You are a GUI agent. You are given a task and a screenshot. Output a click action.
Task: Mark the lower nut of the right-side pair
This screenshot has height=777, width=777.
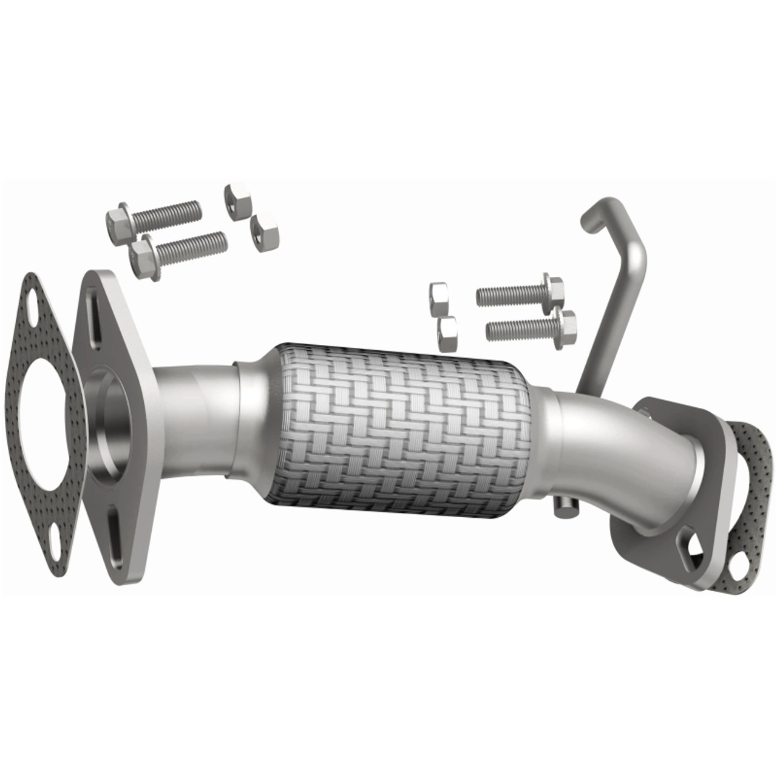tap(449, 333)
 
